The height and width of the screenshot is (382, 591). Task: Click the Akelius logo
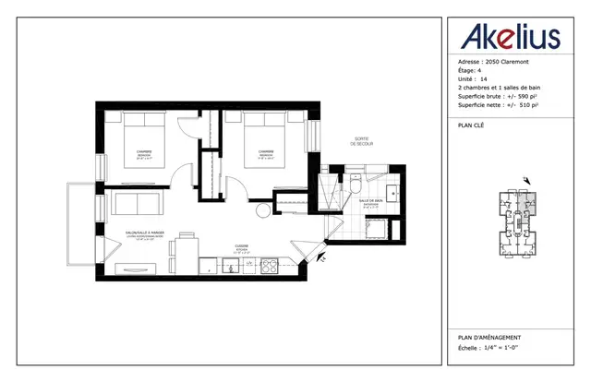click(509, 36)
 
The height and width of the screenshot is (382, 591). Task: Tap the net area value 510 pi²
click(525, 106)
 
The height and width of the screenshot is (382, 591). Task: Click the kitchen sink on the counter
click(231, 267)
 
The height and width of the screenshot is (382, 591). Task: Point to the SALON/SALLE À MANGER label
click(146, 233)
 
